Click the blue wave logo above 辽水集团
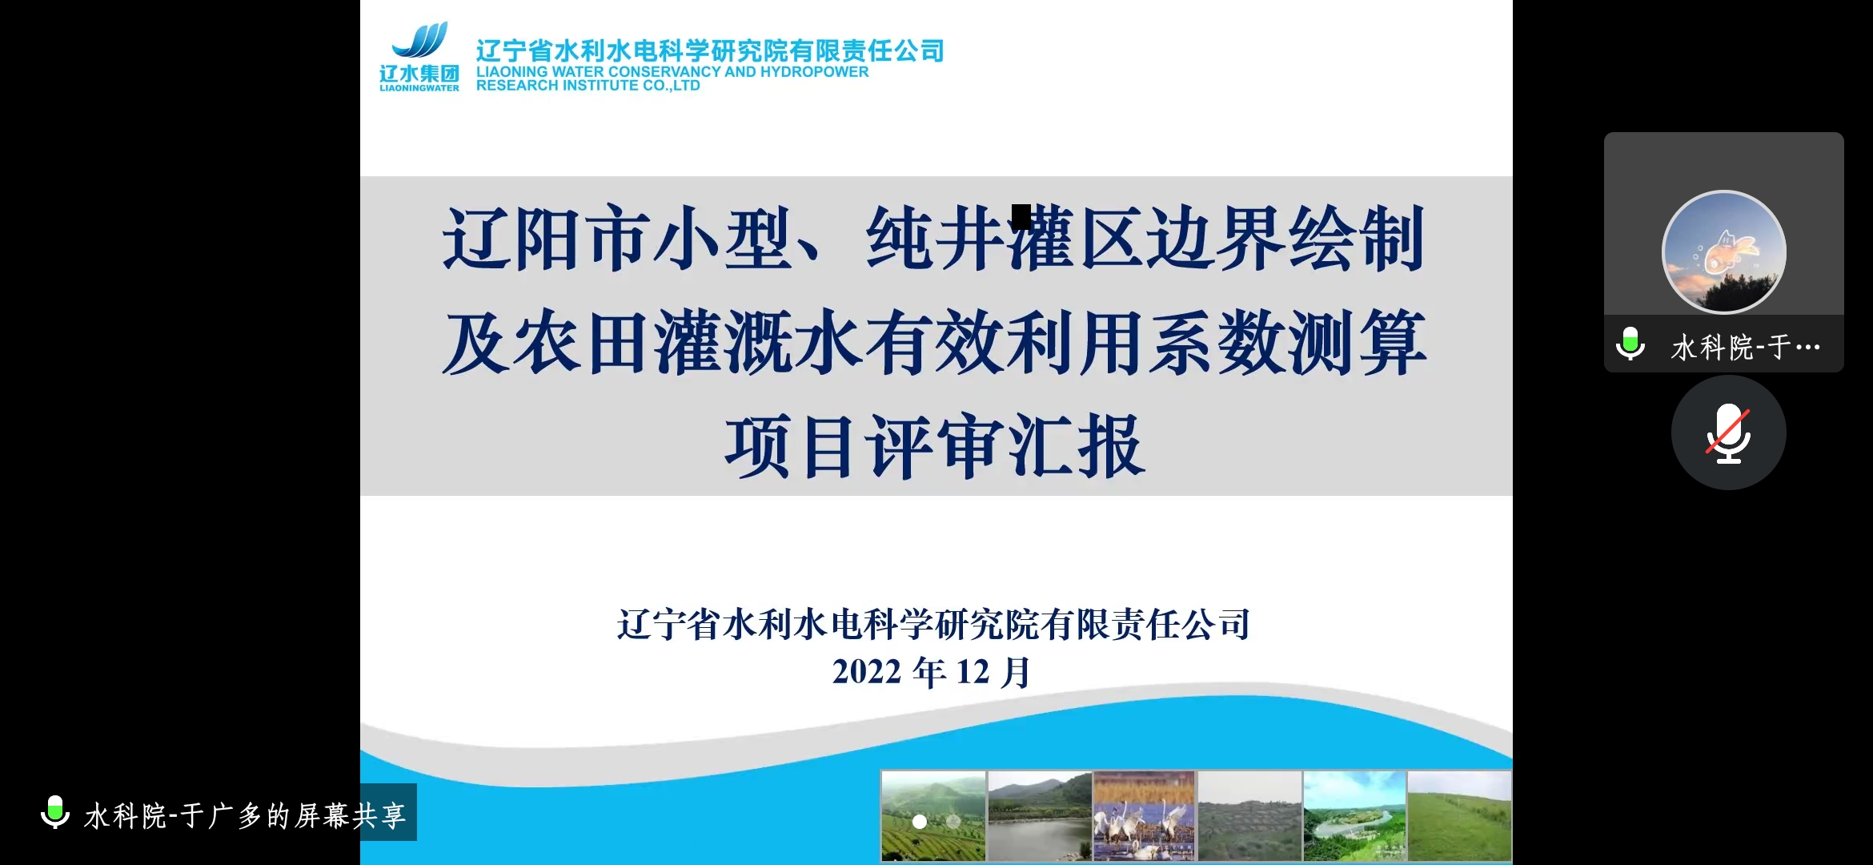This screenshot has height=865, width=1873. pos(420,40)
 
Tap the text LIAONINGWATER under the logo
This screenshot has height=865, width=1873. pos(419,88)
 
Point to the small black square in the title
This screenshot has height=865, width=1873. pos(1021,217)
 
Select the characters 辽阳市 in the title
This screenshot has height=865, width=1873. pos(547,239)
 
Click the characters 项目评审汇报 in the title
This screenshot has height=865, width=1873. pos(935,446)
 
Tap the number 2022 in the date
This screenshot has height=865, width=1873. pos(867,672)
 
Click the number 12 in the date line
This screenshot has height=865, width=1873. pos(973,672)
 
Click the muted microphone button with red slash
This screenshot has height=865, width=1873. pos(1728,432)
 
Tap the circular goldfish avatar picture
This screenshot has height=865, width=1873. pos(1723,251)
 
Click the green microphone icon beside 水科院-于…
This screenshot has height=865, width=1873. pos(1630,344)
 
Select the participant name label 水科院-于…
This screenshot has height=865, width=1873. pos(1746,348)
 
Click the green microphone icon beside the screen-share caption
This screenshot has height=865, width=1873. pos(55,812)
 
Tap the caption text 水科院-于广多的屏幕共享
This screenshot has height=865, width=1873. pos(245,816)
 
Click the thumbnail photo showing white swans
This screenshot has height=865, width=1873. pos(1144,816)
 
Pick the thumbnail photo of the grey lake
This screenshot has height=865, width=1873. pos(1039,816)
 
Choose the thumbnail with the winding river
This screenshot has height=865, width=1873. pos(1354,816)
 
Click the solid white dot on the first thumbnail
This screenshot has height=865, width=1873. pos(920,822)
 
